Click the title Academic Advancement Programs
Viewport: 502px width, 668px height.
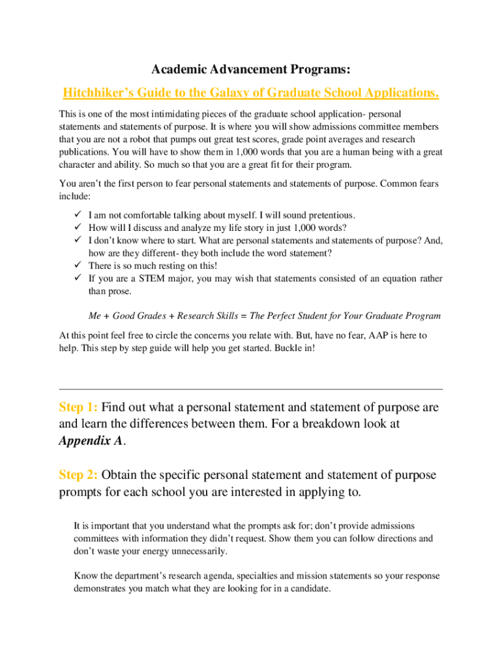click(250, 68)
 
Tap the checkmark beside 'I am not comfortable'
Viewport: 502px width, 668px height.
click(76, 215)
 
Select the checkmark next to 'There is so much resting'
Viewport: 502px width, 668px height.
click(76, 266)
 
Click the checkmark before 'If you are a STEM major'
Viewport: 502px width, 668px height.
click(76, 279)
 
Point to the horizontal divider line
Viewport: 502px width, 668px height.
click(250, 389)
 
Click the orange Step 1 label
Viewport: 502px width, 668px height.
click(78, 408)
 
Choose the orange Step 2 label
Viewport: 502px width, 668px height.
click(78, 475)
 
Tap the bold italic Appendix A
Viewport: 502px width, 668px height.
click(90, 440)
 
